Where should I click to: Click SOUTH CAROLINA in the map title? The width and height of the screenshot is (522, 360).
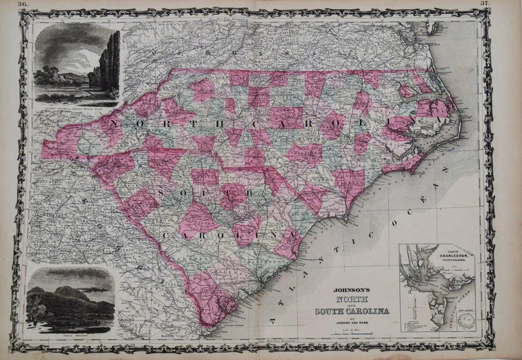tap(349, 311)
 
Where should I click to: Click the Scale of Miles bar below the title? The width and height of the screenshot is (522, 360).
tap(349, 334)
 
